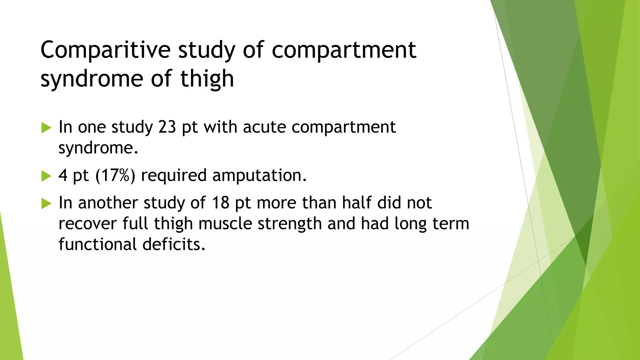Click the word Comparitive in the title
click(x=105, y=50)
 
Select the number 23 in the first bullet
click(x=167, y=127)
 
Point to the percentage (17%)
click(x=115, y=175)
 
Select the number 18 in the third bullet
click(x=221, y=203)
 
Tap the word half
click(x=357, y=203)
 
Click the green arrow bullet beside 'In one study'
click(x=46, y=128)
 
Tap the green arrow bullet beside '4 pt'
click(x=46, y=176)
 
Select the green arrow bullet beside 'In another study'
click(x=46, y=204)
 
